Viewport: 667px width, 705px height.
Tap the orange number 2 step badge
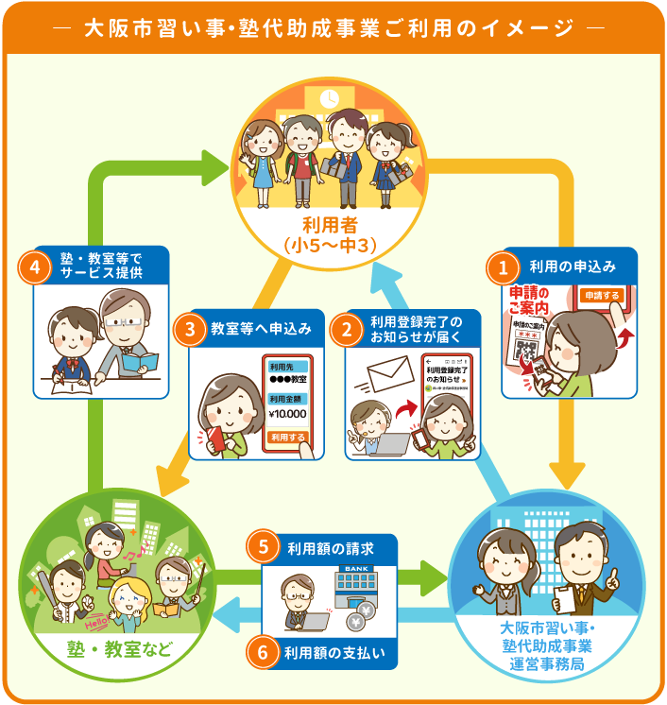(348, 330)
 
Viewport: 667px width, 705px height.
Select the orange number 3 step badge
(191, 330)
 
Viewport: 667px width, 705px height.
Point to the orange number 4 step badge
(35, 267)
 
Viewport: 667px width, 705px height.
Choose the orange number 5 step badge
(265, 547)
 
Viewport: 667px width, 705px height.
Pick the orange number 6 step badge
(265, 651)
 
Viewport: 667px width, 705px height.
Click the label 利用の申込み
(573, 267)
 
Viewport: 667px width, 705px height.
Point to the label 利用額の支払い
(336, 652)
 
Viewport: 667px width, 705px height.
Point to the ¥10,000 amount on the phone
(288, 413)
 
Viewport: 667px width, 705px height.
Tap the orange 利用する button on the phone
(288, 438)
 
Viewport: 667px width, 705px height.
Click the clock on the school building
(330, 97)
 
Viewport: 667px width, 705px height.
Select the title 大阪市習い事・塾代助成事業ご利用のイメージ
(333, 27)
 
